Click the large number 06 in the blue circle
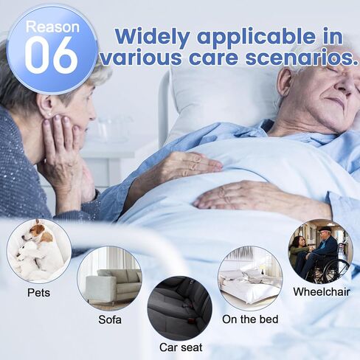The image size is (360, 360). tap(52, 55)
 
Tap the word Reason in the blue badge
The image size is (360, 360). tap(52, 27)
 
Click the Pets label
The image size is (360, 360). tap(38, 293)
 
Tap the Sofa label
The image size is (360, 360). tap(110, 319)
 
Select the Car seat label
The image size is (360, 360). tap(181, 347)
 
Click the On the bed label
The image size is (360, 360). tap(250, 319)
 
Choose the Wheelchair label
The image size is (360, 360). tap(322, 292)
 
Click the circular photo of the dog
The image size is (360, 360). tap(39, 251)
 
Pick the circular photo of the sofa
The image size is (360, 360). tap(110, 278)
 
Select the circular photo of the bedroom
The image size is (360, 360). tap(250, 278)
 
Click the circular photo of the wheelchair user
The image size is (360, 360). tap(321, 252)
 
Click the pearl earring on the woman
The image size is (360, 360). tap(50, 114)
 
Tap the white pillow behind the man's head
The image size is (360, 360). tap(221, 98)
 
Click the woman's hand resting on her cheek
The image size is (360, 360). tap(62, 148)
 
